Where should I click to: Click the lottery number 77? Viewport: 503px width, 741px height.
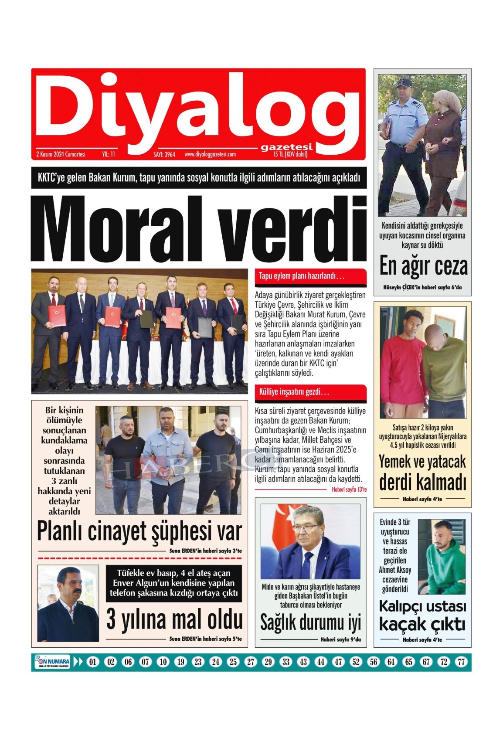pyautogui.click(x=461, y=662)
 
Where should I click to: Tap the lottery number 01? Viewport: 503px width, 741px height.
pyautogui.click(x=92, y=662)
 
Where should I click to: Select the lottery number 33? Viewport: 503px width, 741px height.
pyautogui.click(x=285, y=662)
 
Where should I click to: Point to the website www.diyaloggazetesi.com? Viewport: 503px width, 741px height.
pyautogui.click(x=210, y=154)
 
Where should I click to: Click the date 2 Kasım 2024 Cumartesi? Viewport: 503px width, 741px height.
pyautogui.click(x=61, y=154)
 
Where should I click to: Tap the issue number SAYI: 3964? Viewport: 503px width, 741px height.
pyautogui.click(x=164, y=154)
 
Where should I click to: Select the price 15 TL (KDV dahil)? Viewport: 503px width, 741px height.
pyautogui.click(x=290, y=154)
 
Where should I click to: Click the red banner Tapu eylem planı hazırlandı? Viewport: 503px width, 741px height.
pyautogui.click(x=302, y=276)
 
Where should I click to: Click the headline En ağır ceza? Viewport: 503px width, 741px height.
pyautogui.click(x=423, y=266)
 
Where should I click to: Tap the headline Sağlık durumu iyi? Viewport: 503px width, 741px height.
pyautogui.click(x=310, y=622)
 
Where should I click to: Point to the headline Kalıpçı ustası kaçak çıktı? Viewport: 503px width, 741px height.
pyautogui.click(x=422, y=615)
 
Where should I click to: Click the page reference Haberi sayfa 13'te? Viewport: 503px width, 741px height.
pyautogui.click(x=349, y=489)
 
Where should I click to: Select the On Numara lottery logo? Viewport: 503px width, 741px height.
pyautogui.click(x=52, y=662)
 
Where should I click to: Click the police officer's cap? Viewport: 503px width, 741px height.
pyautogui.click(x=404, y=82)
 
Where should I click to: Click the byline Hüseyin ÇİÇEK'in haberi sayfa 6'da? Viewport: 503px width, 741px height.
pyautogui.click(x=422, y=287)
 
